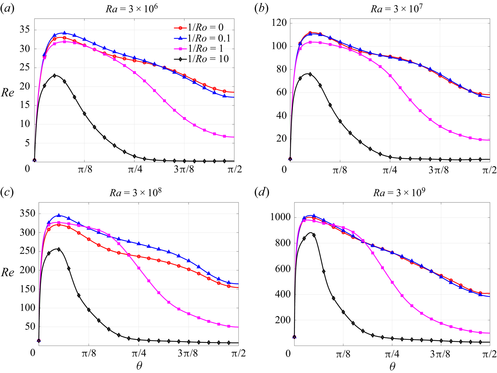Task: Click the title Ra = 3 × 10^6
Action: coord(132,9)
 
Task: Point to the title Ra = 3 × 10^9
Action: coord(399,192)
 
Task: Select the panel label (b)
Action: coord(261,9)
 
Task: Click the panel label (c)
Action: coord(7,192)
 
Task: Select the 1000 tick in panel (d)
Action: coord(281,218)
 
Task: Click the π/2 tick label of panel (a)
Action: coord(235,170)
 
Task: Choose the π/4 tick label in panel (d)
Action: coord(392,354)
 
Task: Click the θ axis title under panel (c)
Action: coord(139,366)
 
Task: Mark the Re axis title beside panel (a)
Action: coord(8,93)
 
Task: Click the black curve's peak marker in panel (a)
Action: coord(55,76)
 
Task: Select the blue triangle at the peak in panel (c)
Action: coord(59,215)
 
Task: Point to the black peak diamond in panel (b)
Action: coord(310,74)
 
